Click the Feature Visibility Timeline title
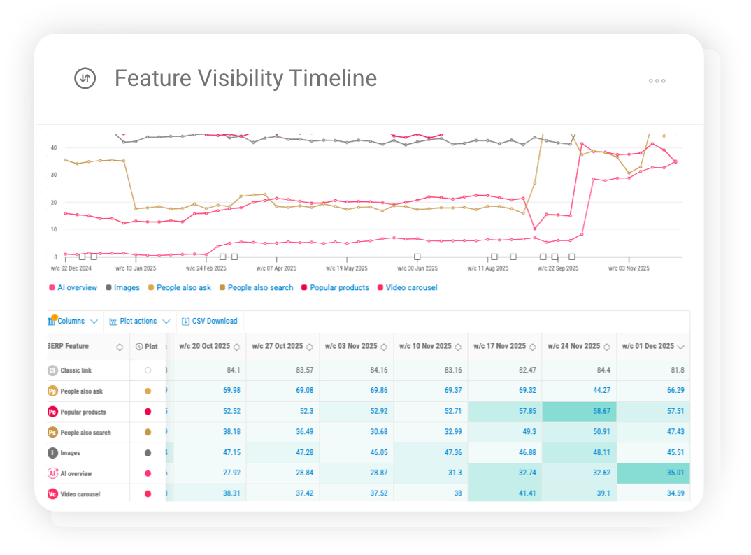[x=245, y=78]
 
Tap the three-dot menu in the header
[x=657, y=81]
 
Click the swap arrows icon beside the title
[x=85, y=78]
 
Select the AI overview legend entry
[x=76, y=287]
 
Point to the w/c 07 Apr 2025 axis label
[x=276, y=268]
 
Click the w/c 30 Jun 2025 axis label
[x=417, y=268]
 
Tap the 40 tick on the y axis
[x=53, y=147]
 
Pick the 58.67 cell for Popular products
[x=579, y=412]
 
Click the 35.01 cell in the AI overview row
[x=653, y=473]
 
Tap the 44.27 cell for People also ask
[x=579, y=391]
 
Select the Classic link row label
[x=76, y=370]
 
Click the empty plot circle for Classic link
[x=148, y=370]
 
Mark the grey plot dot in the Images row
[x=148, y=453]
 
